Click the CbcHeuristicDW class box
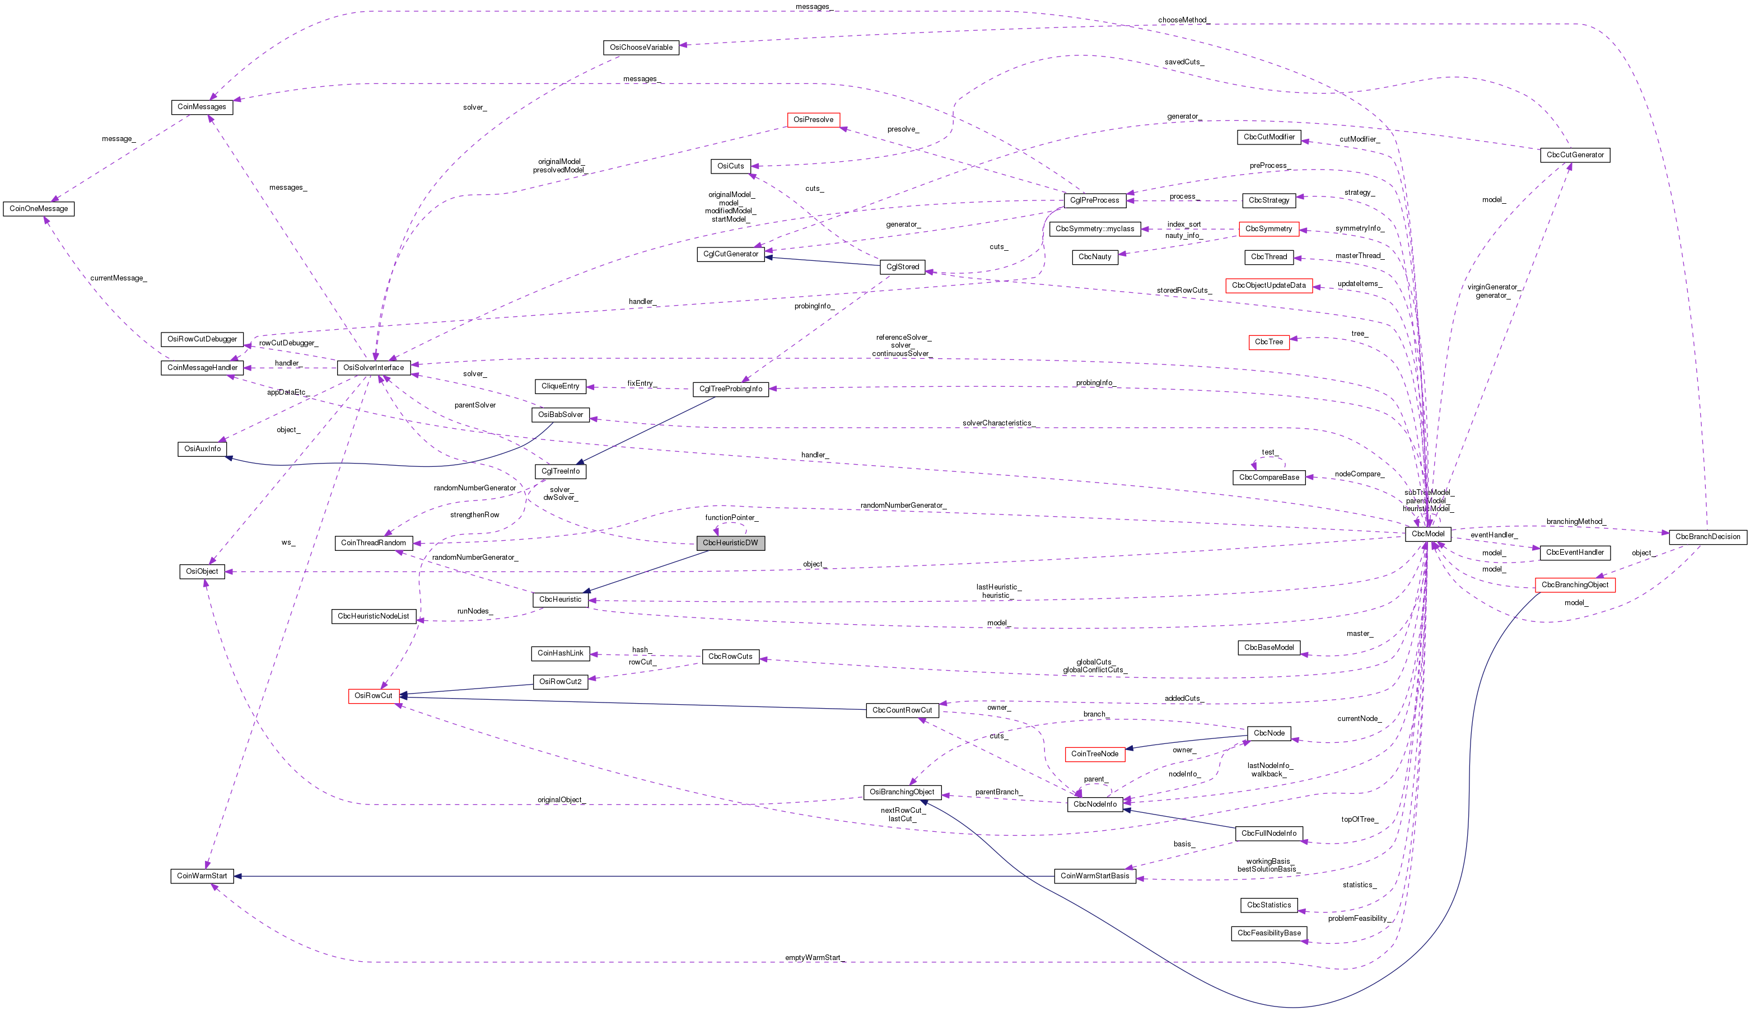tap(730, 543)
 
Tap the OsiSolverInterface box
tap(374, 367)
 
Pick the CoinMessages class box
tap(202, 107)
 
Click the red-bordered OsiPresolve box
tap(813, 119)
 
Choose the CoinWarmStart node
tap(202, 876)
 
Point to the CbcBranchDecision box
tap(1707, 537)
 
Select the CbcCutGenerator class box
tap(1574, 155)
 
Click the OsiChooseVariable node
tap(641, 47)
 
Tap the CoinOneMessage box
tap(39, 208)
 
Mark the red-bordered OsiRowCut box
tap(374, 696)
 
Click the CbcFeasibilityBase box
tap(1269, 933)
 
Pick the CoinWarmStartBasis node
tap(1094, 876)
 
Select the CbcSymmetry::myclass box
tap(1094, 228)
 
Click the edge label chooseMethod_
tap(1183, 20)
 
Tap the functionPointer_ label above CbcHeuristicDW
tap(731, 518)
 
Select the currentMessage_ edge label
tap(118, 278)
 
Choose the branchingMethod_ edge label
tap(1576, 522)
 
